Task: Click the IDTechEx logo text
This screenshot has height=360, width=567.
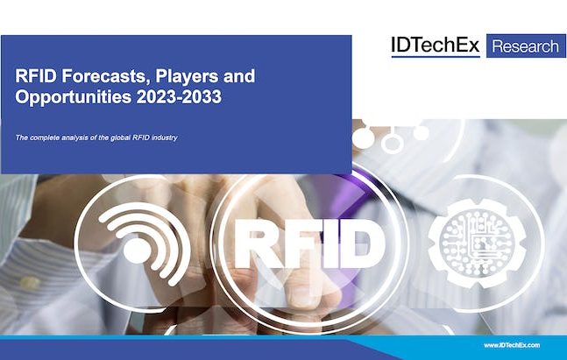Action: [436, 46]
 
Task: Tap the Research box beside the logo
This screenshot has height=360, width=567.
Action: [526, 46]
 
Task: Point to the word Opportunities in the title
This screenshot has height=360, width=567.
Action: [73, 97]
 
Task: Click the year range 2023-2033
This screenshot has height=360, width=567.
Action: [179, 97]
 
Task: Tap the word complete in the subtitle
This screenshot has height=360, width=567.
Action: [45, 138]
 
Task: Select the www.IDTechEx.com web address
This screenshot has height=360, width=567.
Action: [512, 345]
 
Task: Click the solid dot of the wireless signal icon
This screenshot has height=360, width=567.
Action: [137, 251]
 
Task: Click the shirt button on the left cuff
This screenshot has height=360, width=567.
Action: [29, 282]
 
